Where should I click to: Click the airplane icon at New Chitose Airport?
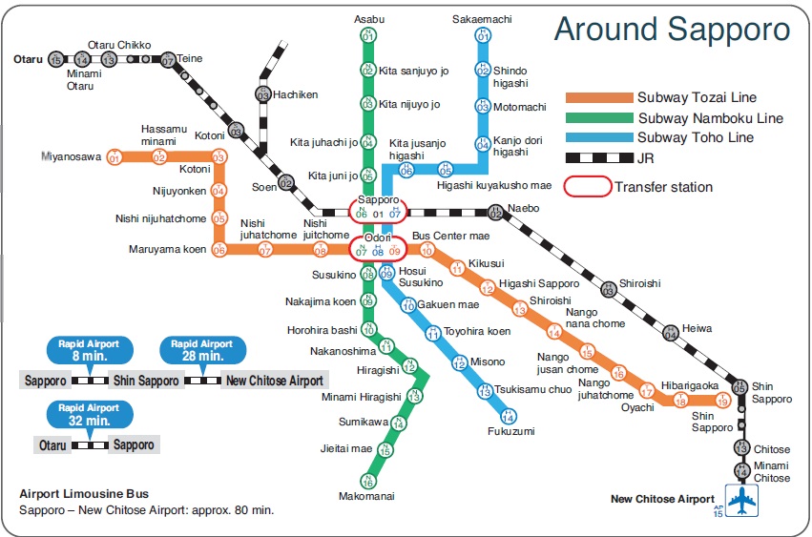pos(740,499)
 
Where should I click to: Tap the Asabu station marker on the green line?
pos(368,34)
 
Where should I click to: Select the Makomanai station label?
pos(366,496)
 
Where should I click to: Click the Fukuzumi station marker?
pos(509,416)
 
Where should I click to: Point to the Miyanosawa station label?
pos(71,156)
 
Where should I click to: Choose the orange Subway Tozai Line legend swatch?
pos(598,97)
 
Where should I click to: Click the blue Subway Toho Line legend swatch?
pos(598,137)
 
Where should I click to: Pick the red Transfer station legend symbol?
pos(586,187)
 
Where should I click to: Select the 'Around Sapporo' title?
pos(672,29)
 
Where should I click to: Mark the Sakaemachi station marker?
pos(483,35)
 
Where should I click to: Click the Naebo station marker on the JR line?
pos(495,212)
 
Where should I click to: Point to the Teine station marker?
pos(169,59)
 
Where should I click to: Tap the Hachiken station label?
pos(295,95)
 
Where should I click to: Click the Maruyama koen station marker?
pos(219,250)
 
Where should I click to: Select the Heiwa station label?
pos(697,328)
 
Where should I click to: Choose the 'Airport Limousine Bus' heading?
pos(84,494)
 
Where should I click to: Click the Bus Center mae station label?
pos(450,236)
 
